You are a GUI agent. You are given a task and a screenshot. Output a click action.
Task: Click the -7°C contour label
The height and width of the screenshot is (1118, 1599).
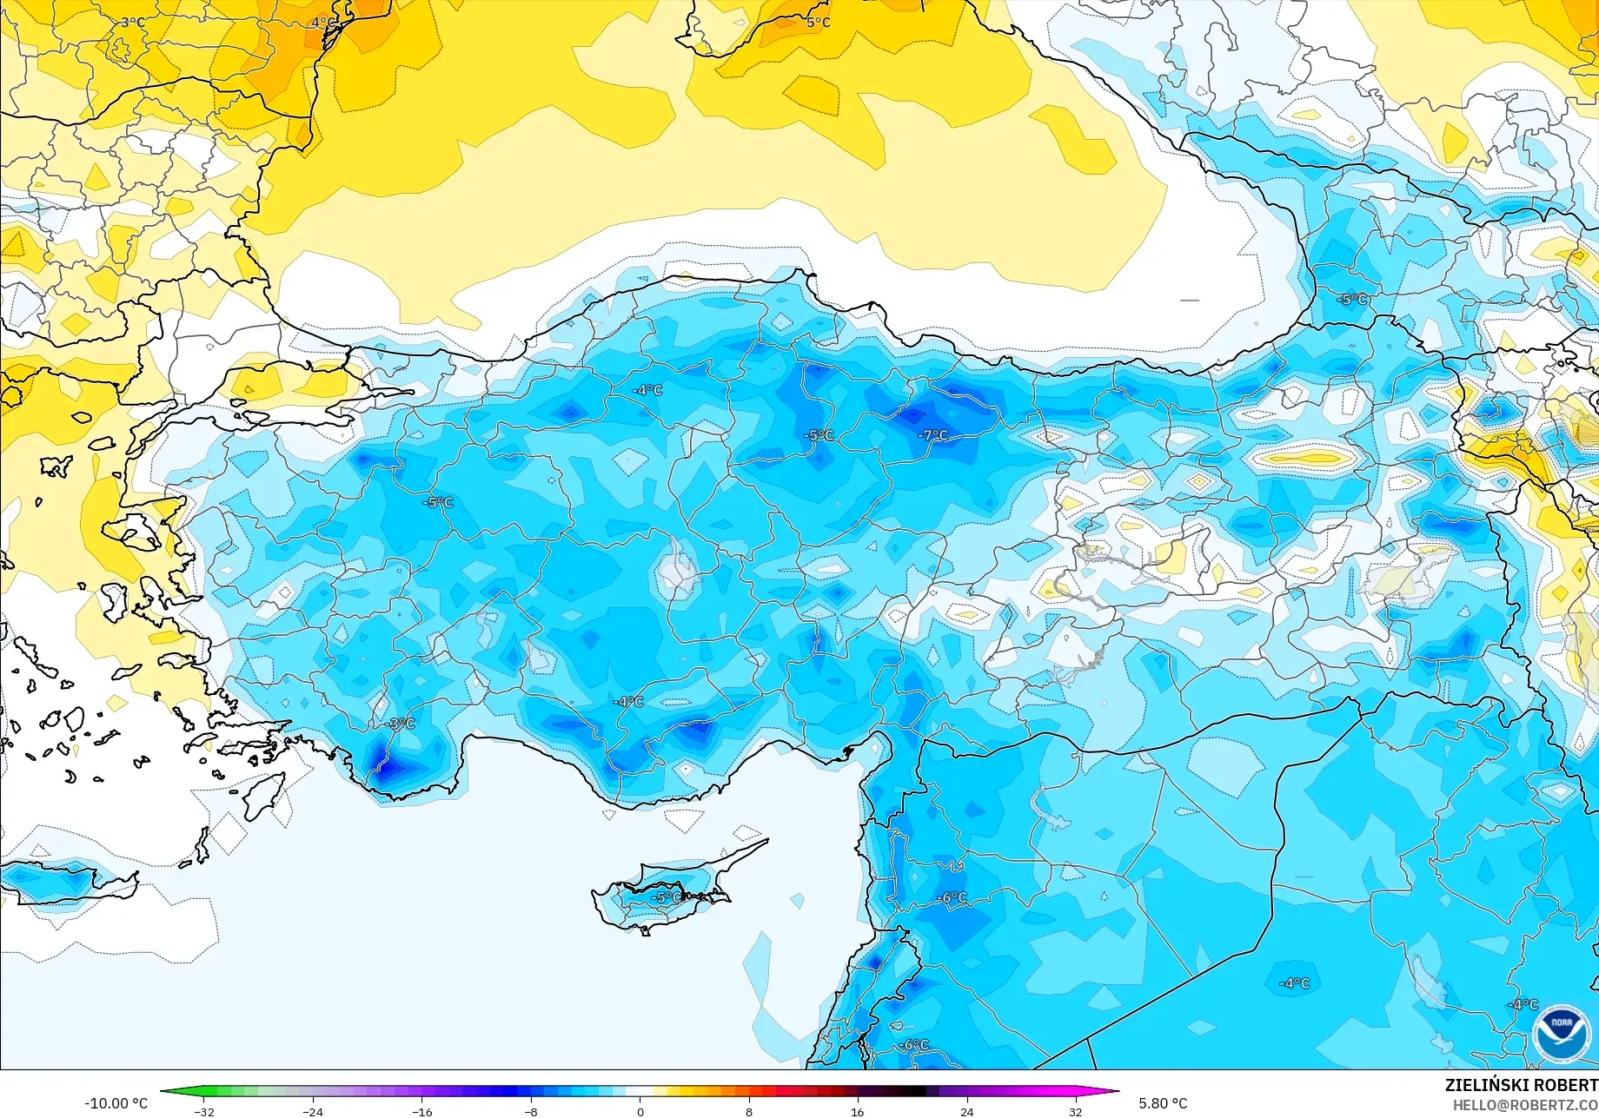point(934,435)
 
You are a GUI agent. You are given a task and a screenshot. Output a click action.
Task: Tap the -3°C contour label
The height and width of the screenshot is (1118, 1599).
point(401,724)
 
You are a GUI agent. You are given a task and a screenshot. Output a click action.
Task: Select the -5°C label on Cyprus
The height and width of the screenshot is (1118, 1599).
point(667,897)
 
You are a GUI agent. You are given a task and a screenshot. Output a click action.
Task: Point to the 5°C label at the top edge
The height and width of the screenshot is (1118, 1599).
point(818,22)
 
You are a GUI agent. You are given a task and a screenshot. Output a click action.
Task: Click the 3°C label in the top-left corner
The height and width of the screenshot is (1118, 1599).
point(133,22)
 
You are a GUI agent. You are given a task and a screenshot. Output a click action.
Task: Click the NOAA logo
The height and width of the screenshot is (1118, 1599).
point(1562,1034)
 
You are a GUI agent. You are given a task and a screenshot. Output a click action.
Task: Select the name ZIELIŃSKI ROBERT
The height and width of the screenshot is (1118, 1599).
point(1521,1085)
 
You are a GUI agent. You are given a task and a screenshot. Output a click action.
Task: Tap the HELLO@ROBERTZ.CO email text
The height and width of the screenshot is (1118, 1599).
point(1525,1105)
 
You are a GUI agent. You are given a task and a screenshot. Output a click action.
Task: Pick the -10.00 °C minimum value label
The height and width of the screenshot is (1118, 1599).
point(116,1103)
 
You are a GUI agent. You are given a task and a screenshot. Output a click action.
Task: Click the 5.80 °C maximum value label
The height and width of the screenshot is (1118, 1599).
point(1163,1103)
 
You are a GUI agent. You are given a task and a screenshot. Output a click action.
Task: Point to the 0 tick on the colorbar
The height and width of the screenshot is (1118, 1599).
point(640,1111)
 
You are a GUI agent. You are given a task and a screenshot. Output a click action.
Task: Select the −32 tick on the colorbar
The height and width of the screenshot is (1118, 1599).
point(205,1111)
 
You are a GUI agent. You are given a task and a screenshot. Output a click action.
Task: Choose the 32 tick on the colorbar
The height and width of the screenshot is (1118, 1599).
point(1076,1111)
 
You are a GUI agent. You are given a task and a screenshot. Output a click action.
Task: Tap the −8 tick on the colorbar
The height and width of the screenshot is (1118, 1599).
point(531,1111)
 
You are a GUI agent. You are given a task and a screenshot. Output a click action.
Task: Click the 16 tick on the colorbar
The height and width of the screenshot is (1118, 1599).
point(858,1111)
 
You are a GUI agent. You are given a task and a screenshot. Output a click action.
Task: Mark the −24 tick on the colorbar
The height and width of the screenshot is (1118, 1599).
point(313,1111)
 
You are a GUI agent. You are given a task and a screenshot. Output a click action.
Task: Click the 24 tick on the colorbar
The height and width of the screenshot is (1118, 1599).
point(966,1111)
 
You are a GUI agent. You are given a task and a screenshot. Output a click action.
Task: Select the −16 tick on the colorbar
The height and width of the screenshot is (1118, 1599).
point(422,1111)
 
